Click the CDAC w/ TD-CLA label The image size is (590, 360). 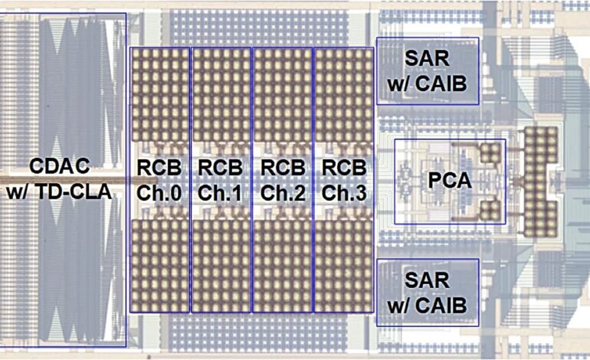59,178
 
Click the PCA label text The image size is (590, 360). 450,181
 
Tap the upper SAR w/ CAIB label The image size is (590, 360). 427,71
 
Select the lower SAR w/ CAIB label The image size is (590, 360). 427,293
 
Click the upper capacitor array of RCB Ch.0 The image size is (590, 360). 160,95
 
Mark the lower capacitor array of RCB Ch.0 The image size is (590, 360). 160,266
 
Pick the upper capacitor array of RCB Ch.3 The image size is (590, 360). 343,95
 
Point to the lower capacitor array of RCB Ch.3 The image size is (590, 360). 343,266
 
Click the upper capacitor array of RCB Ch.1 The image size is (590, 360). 221,95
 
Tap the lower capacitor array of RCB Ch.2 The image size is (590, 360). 283,266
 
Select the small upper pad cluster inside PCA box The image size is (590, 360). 490,152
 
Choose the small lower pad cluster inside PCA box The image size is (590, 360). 490,211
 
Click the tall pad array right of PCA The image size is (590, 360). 541,182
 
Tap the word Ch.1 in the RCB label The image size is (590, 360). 220,193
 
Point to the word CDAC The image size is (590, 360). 60,166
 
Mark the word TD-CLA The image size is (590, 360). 76,191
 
